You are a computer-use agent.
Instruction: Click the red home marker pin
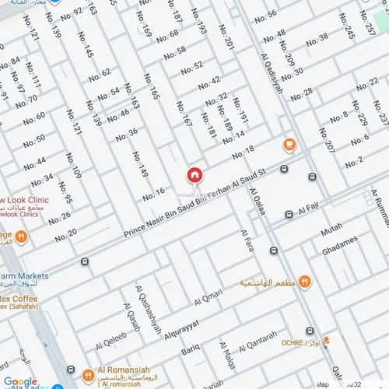click(194, 174)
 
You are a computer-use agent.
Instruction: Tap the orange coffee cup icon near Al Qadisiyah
click(289, 145)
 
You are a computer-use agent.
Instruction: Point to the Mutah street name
click(331, 230)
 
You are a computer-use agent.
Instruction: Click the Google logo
click(19, 381)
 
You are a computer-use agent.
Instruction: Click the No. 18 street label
click(244, 151)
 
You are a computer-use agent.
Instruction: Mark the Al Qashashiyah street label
click(149, 307)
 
